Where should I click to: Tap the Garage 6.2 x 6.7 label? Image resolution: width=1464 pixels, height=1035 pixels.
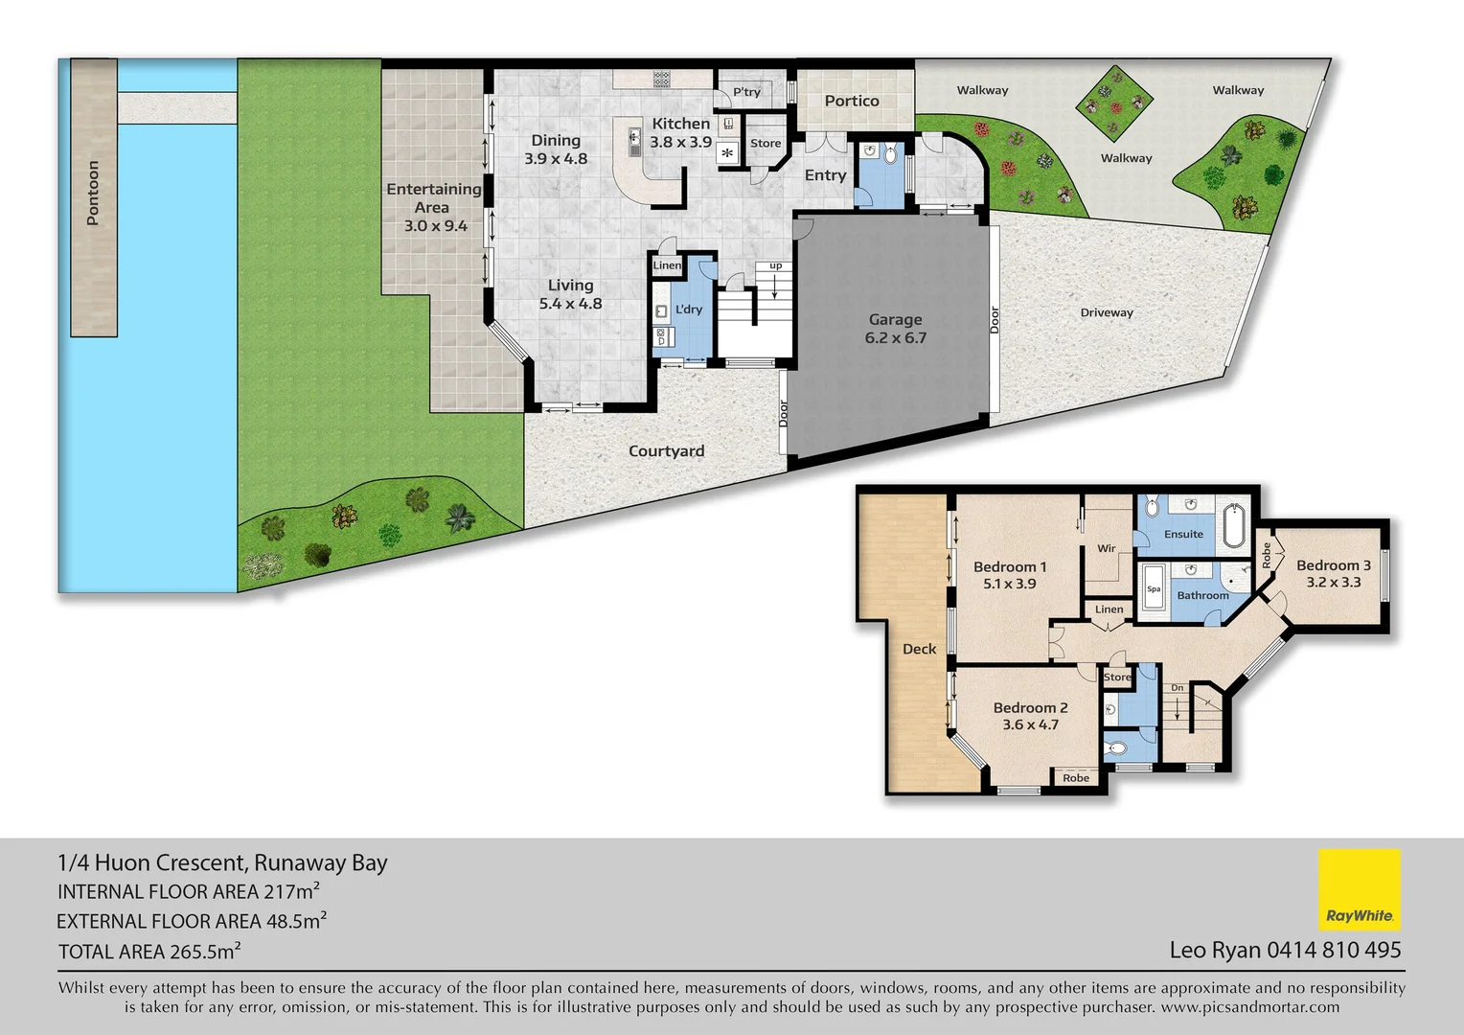tap(895, 329)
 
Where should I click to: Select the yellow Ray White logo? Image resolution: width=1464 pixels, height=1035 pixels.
tap(1359, 889)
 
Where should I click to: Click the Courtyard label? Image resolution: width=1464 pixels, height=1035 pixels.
tap(666, 451)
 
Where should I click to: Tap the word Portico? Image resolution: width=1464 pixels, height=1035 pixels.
tap(851, 101)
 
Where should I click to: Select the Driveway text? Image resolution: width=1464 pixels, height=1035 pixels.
tap(1106, 312)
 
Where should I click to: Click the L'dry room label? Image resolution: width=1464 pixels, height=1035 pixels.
tap(689, 310)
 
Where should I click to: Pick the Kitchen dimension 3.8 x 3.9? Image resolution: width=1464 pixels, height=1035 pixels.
tap(680, 142)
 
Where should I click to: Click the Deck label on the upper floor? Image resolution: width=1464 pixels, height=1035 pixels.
tap(919, 649)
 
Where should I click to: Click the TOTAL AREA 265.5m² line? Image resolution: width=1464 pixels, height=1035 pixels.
tap(149, 952)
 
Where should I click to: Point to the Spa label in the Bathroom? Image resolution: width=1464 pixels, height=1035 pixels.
tap(1154, 589)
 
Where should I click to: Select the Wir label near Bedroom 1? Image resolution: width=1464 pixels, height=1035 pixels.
tap(1106, 548)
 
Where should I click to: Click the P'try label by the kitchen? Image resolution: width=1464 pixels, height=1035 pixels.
tap(746, 92)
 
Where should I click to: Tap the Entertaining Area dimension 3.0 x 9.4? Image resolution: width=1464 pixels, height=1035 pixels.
tap(435, 226)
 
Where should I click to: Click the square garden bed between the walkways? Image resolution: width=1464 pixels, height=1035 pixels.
tap(1113, 103)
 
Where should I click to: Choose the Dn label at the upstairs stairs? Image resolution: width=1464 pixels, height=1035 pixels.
tap(1177, 688)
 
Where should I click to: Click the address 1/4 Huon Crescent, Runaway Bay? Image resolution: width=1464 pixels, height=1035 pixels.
tap(222, 862)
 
